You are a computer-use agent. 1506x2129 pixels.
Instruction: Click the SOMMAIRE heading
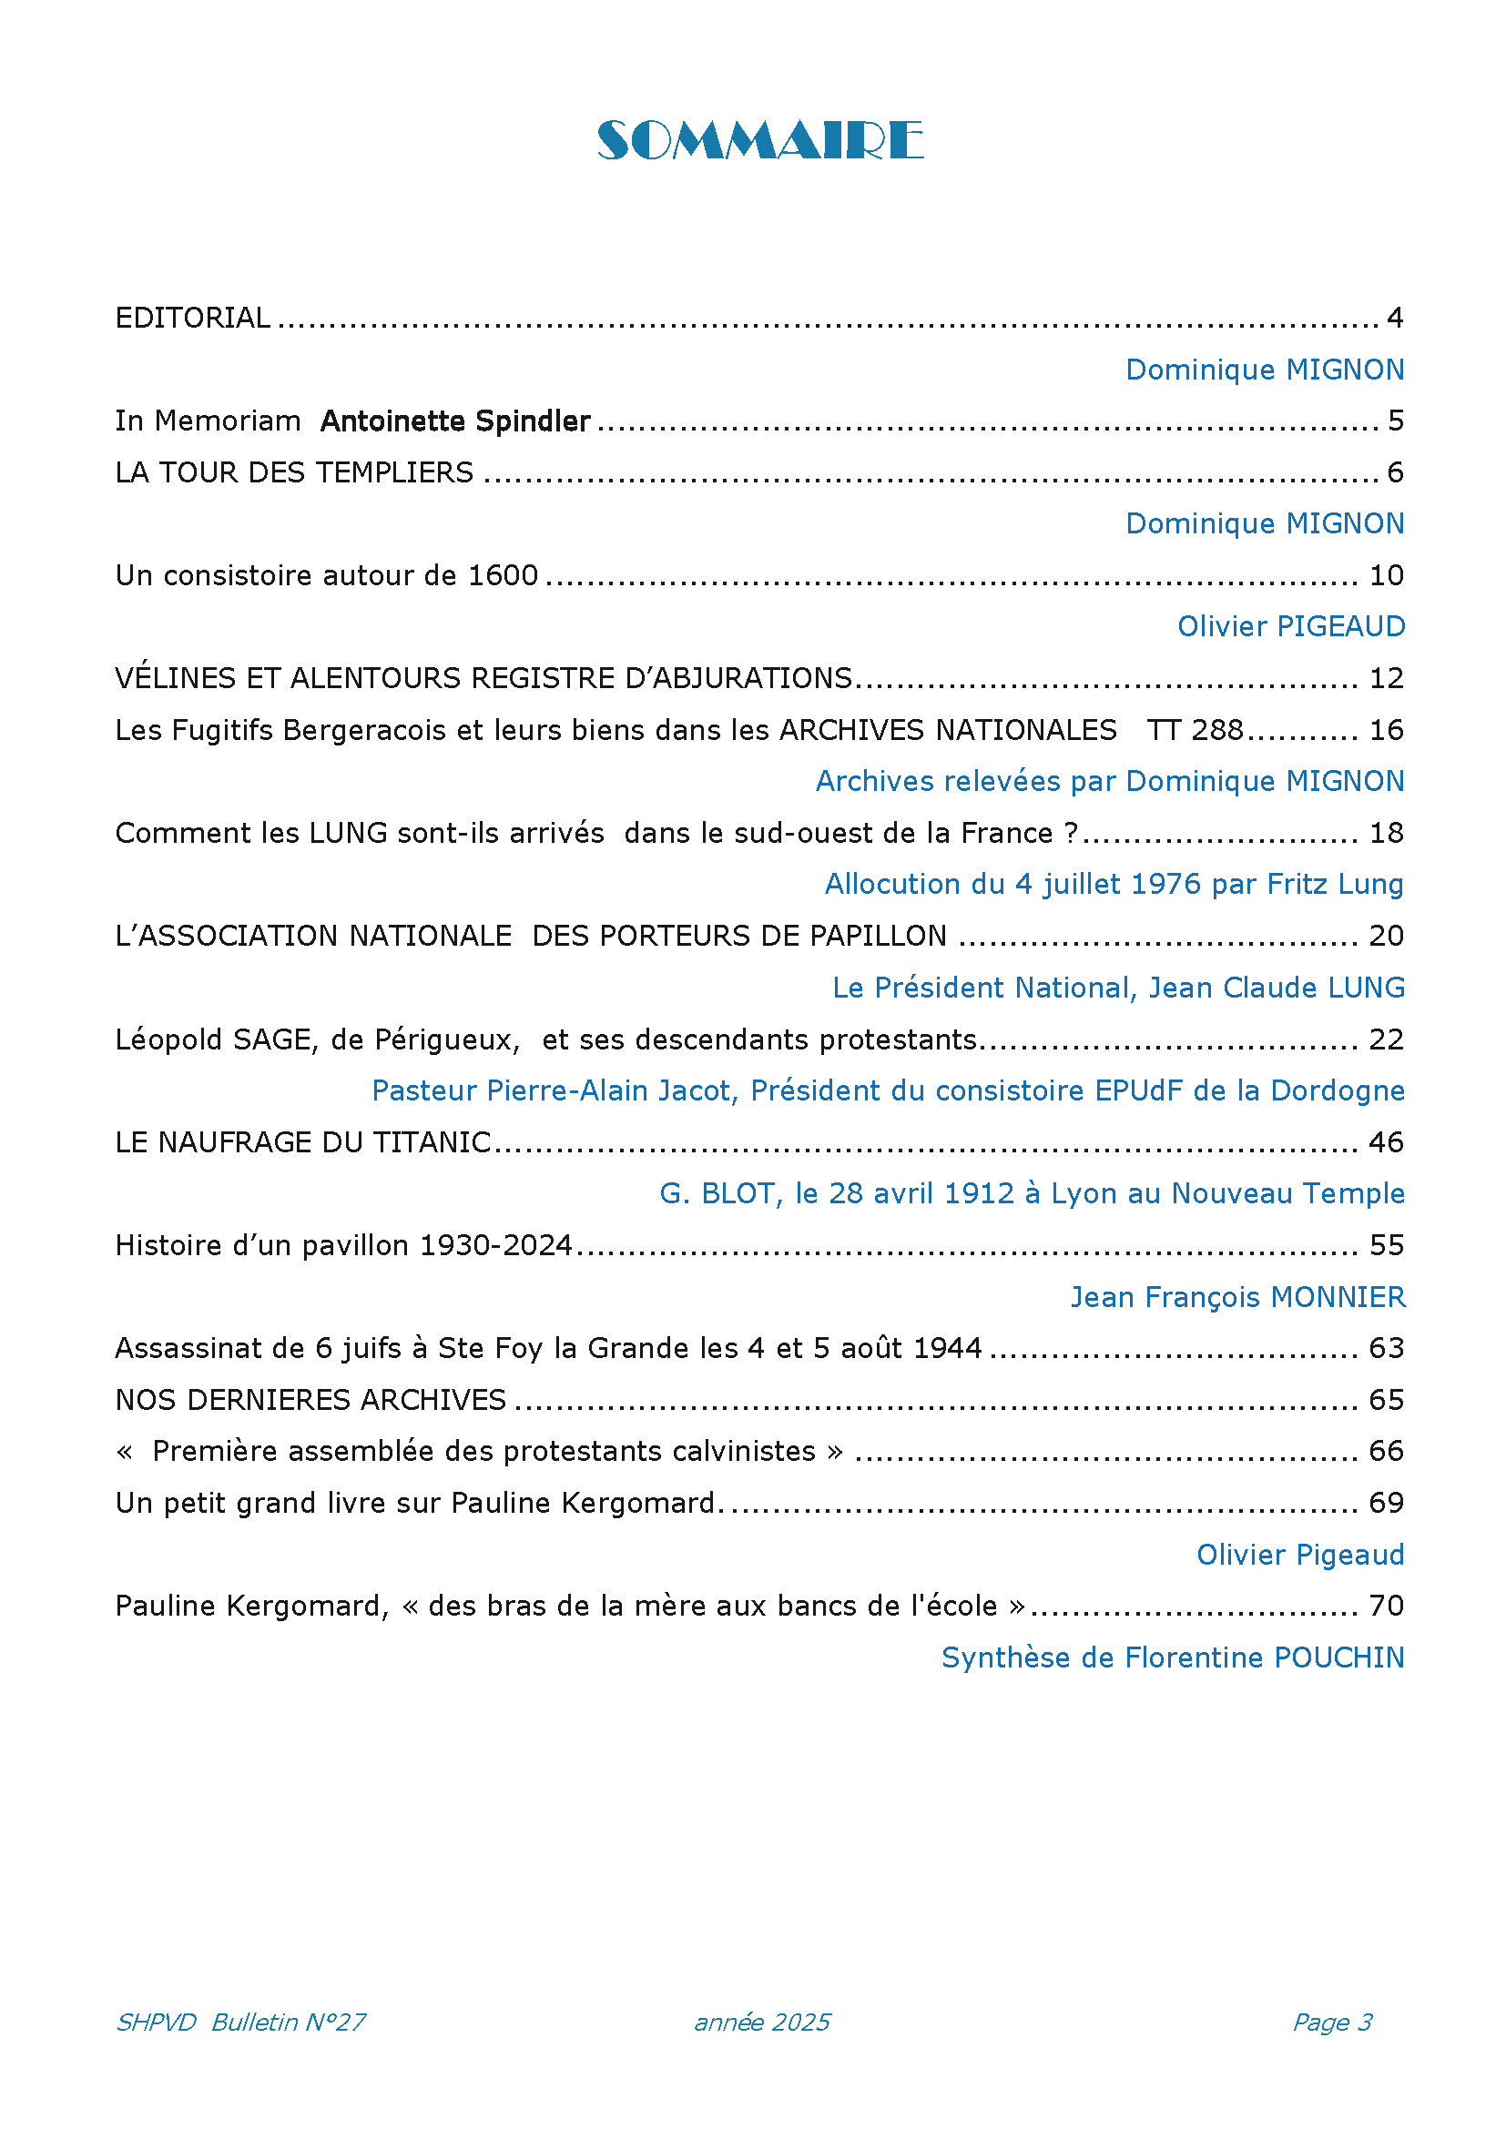click(x=759, y=141)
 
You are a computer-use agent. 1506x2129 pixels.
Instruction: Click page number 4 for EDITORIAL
click(x=1394, y=318)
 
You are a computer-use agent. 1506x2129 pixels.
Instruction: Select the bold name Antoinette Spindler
click(x=454, y=421)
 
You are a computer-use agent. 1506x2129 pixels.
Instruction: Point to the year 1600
click(x=503, y=576)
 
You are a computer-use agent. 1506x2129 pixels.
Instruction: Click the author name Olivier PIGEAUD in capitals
click(x=1290, y=627)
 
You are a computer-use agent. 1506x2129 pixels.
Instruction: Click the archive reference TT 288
click(x=1195, y=731)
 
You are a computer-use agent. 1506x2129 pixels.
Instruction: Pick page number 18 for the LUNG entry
click(x=1386, y=834)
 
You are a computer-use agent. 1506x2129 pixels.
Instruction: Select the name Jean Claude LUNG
click(x=1276, y=988)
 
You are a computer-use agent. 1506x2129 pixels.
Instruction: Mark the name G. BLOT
click(x=716, y=1193)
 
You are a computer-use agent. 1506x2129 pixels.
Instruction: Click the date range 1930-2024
click(x=496, y=1245)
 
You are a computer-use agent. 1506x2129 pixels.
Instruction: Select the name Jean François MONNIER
click(x=1237, y=1297)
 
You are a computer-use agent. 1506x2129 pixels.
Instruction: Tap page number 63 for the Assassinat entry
click(x=1386, y=1348)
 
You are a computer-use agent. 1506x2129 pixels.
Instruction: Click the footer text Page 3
click(x=1332, y=2023)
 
